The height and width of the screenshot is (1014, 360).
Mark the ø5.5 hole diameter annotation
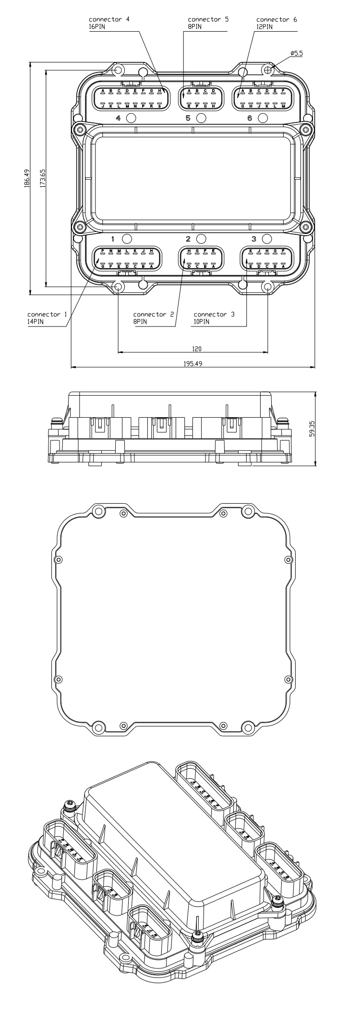point(297,54)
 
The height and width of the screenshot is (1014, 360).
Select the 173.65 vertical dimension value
point(43,178)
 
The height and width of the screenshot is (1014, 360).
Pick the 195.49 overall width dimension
point(192,364)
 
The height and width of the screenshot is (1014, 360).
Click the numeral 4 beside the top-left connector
point(119,118)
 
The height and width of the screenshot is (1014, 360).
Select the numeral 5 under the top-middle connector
point(189,118)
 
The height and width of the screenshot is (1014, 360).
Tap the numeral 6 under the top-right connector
point(250,118)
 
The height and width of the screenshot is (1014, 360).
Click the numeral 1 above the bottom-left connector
point(113,239)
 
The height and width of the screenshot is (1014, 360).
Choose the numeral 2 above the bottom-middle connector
point(189,239)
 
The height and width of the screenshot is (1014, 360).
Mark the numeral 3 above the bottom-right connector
point(254,239)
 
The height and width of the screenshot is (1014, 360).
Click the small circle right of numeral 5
point(201,118)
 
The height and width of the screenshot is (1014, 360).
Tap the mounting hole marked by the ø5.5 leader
point(268,70)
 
